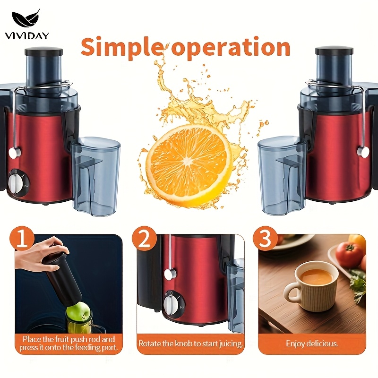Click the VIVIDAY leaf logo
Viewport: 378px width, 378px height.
coord(26,18)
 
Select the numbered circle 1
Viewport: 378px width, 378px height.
coord(22,239)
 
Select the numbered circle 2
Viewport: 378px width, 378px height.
coord(144,239)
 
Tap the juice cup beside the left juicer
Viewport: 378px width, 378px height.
coord(96,175)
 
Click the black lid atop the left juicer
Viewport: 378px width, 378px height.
coord(43,52)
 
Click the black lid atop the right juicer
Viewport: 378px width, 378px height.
coord(334,52)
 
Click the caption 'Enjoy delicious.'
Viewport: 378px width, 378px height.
coord(312,344)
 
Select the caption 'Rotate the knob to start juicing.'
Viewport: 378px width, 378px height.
coord(190,344)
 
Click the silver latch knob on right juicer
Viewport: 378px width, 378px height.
coord(363,152)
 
